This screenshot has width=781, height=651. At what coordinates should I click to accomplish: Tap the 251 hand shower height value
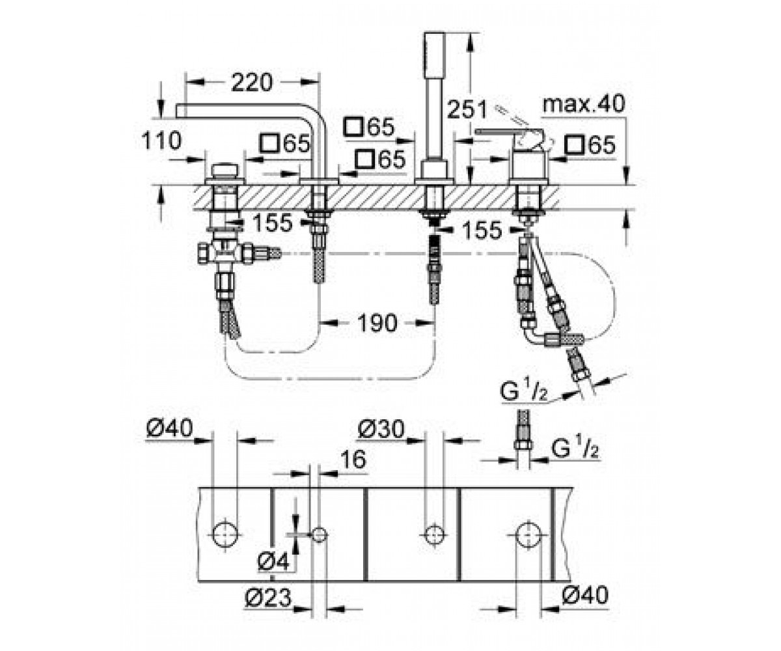click(467, 109)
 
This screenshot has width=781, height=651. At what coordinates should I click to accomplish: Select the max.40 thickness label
click(584, 104)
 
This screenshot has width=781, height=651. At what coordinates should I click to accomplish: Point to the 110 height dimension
click(161, 141)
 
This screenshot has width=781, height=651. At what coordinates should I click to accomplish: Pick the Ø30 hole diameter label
click(381, 429)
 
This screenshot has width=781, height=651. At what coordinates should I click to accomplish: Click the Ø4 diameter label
click(273, 561)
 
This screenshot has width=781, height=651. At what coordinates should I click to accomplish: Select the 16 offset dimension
click(353, 459)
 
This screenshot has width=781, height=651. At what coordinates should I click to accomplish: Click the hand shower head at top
click(434, 56)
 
